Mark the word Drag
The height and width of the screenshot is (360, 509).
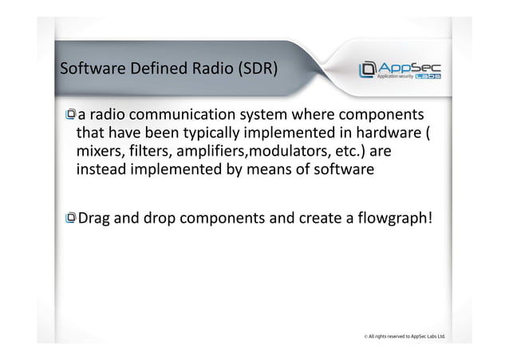tap(97, 216)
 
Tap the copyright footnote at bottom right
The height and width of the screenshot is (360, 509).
tap(402, 337)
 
